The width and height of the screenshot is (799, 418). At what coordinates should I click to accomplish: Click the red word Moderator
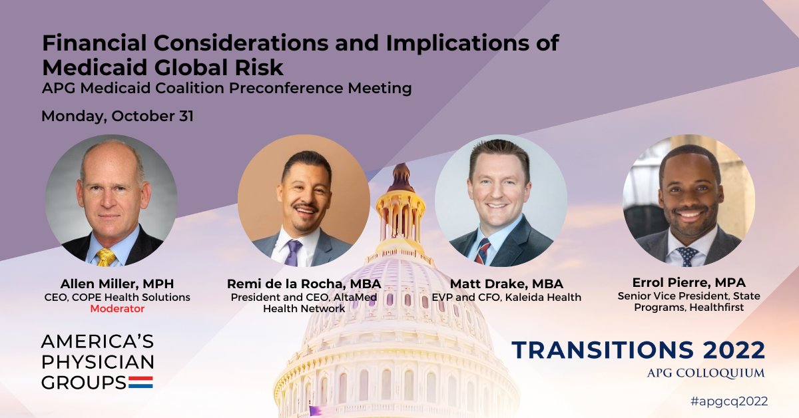(117, 309)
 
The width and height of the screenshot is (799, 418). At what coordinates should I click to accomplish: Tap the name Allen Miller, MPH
(117, 282)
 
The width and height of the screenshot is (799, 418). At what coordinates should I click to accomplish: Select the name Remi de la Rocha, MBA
(304, 284)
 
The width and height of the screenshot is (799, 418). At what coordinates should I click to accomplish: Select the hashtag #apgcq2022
(729, 401)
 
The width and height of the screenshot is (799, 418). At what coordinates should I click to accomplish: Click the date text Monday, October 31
(117, 116)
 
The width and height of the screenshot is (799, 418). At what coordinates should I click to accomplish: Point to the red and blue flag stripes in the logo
(140, 382)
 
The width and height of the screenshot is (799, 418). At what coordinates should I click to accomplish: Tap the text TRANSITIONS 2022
(638, 350)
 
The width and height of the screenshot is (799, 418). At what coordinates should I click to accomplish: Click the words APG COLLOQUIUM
(706, 373)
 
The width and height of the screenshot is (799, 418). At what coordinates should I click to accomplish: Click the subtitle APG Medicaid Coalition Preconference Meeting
(226, 88)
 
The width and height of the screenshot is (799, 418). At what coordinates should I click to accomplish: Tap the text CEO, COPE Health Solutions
(117, 297)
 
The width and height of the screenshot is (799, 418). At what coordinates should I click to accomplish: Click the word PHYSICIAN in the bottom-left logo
(97, 362)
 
